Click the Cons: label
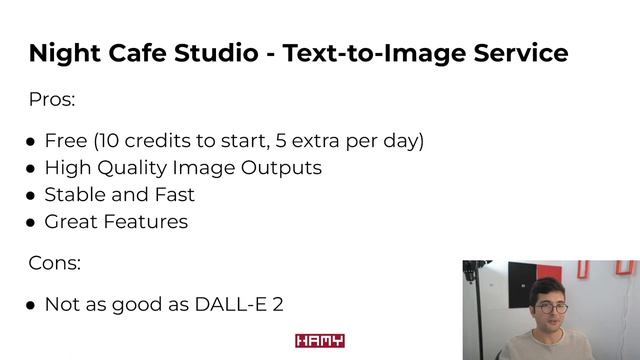coord(54,263)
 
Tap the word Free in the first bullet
coord(66,141)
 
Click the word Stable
coord(73,195)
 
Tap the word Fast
coord(174,195)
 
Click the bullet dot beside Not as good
coord(31,305)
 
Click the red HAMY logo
coord(320,341)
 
